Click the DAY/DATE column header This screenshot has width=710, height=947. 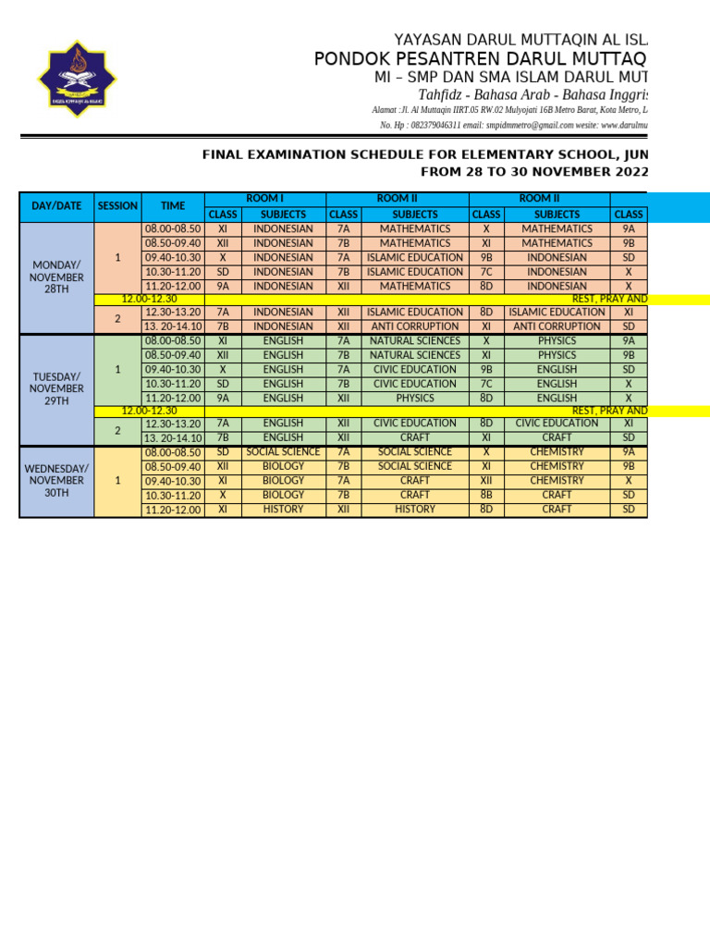(x=56, y=206)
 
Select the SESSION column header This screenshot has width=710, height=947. (x=117, y=206)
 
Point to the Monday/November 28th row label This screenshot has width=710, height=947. (x=56, y=277)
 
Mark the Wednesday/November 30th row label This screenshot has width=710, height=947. (x=56, y=481)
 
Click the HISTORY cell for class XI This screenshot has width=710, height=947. (x=283, y=510)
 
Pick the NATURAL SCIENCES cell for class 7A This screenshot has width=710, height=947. (x=415, y=341)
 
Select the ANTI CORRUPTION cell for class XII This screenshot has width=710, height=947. (x=415, y=326)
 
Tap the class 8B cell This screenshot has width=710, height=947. (x=486, y=496)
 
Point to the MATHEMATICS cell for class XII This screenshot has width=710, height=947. (x=415, y=287)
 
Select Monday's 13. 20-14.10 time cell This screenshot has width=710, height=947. (x=172, y=326)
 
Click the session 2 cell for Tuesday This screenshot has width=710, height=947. (x=117, y=431)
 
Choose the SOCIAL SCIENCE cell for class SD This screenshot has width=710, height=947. (x=283, y=452)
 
